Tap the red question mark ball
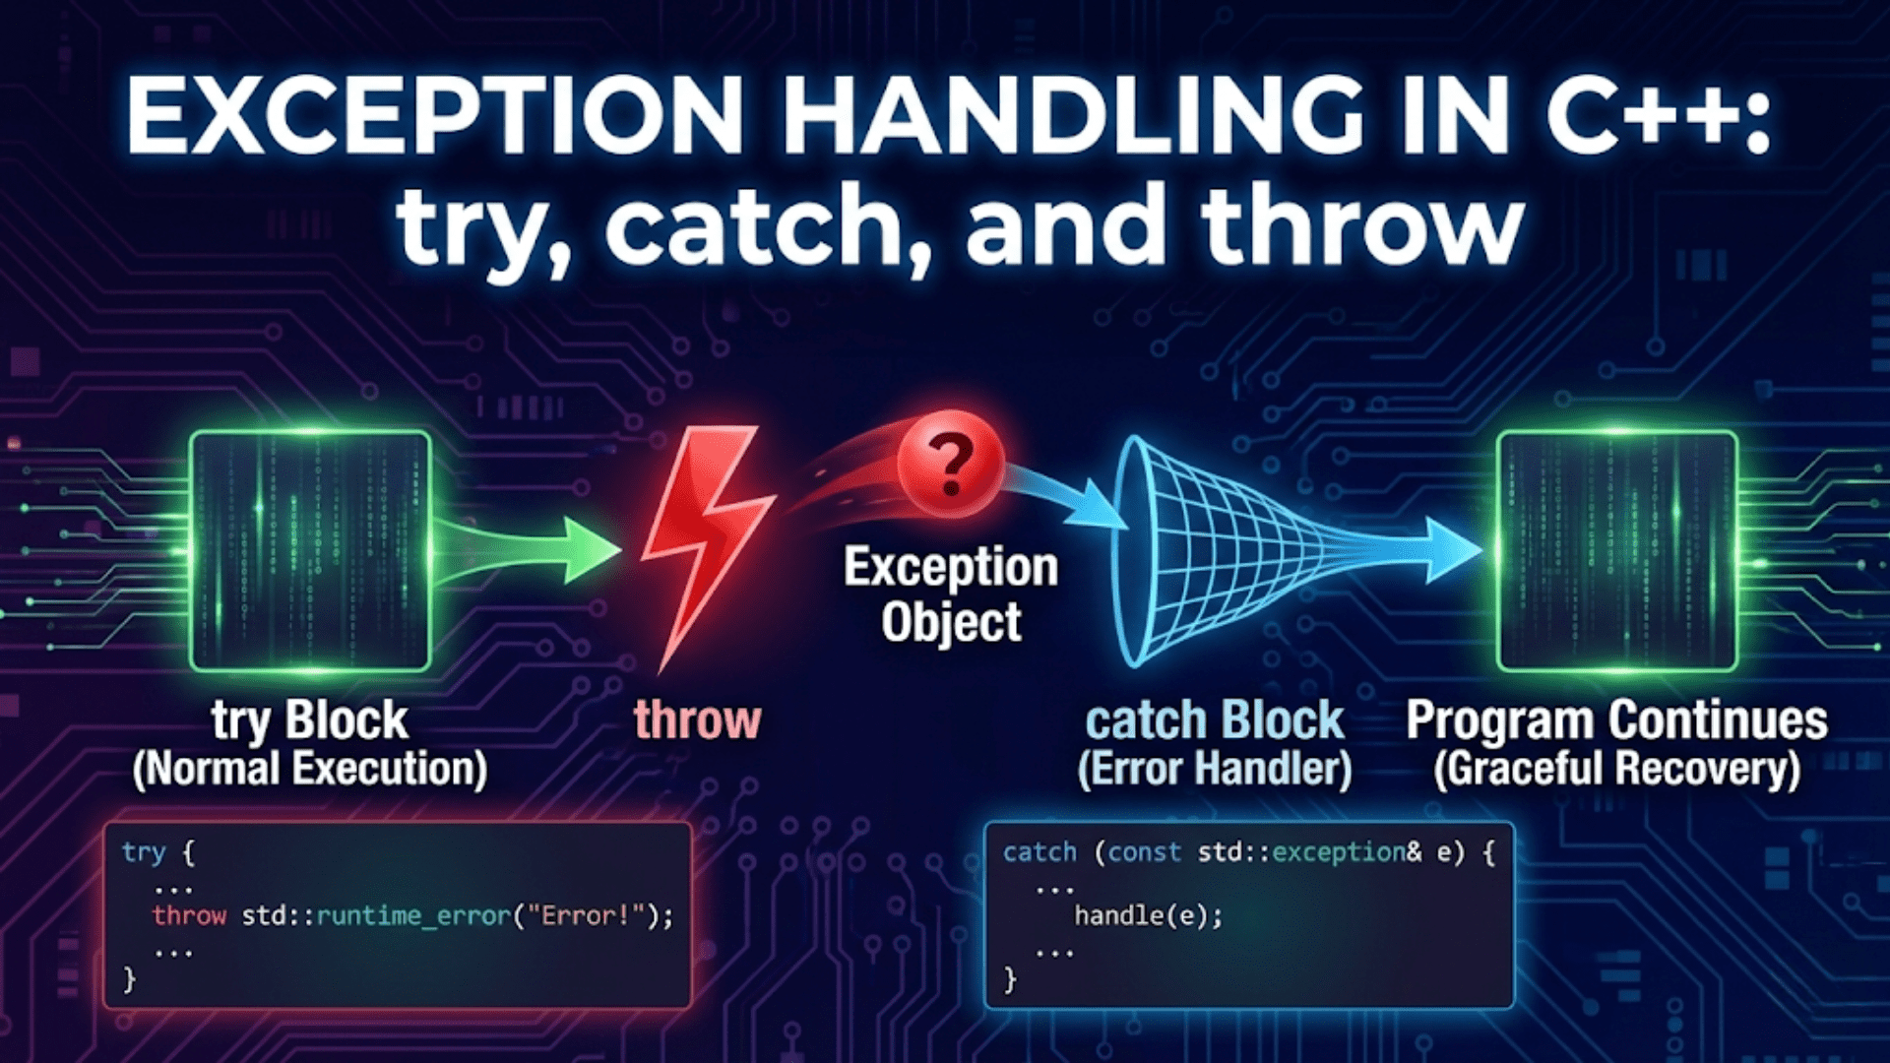tap(950, 463)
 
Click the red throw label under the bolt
tap(697, 719)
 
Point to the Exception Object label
tap(951, 594)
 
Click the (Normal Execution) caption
tap(310, 769)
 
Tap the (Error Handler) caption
tap(1214, 769)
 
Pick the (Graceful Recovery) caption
tap(1616, 769)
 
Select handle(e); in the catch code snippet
tap(1148, 916)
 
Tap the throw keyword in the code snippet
tap(189, 916)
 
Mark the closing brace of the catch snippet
tap(1009, 979)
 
